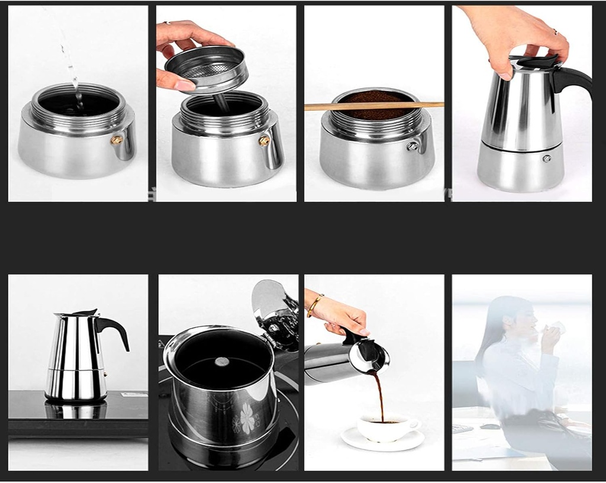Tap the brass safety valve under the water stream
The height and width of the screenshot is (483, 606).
(x=117, y=140)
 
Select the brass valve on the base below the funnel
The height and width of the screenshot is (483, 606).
(x=264, y=141)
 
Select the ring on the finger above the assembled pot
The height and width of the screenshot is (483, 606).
(x=555, y=31)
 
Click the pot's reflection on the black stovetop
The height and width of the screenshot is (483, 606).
(x=76, y=410)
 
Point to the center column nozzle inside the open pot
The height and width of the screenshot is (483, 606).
(x=221, y=362)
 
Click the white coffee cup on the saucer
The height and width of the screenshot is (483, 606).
(x=388, y=427)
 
